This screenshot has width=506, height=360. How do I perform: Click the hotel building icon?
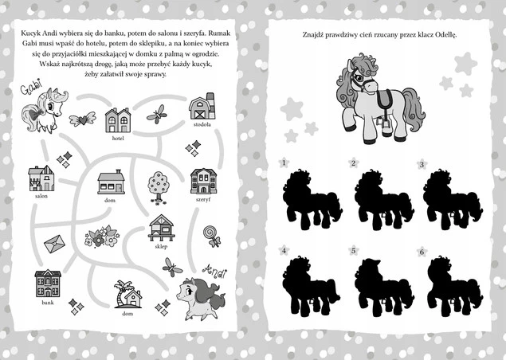[x=118, y=120]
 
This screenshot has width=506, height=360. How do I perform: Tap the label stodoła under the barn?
[x=202, y=124]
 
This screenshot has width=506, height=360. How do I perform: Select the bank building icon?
[x=48, y=284]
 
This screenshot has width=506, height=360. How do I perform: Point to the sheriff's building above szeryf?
[x=203, y=182]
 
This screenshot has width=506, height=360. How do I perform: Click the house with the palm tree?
[x=128, y=294]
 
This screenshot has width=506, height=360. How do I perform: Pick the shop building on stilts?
[x=161, y=228]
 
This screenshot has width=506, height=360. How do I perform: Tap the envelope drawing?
[x=54, y=244]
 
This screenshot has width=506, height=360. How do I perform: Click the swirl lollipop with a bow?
[x=212, y=236]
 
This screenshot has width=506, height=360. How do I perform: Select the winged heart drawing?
[x=83, y=119]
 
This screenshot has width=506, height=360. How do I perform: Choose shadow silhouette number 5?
[x=383, y=288]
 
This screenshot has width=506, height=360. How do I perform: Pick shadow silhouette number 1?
[x=312, y=200]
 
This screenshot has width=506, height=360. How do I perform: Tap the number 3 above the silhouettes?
[x=422, y=165]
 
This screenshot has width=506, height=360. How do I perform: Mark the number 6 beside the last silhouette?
[x=422, y=252]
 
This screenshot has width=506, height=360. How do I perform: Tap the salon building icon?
[x=41, y=178]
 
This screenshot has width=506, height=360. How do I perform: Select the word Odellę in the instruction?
[x=445, y=35]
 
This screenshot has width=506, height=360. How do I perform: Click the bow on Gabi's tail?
[x=37, y=113]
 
